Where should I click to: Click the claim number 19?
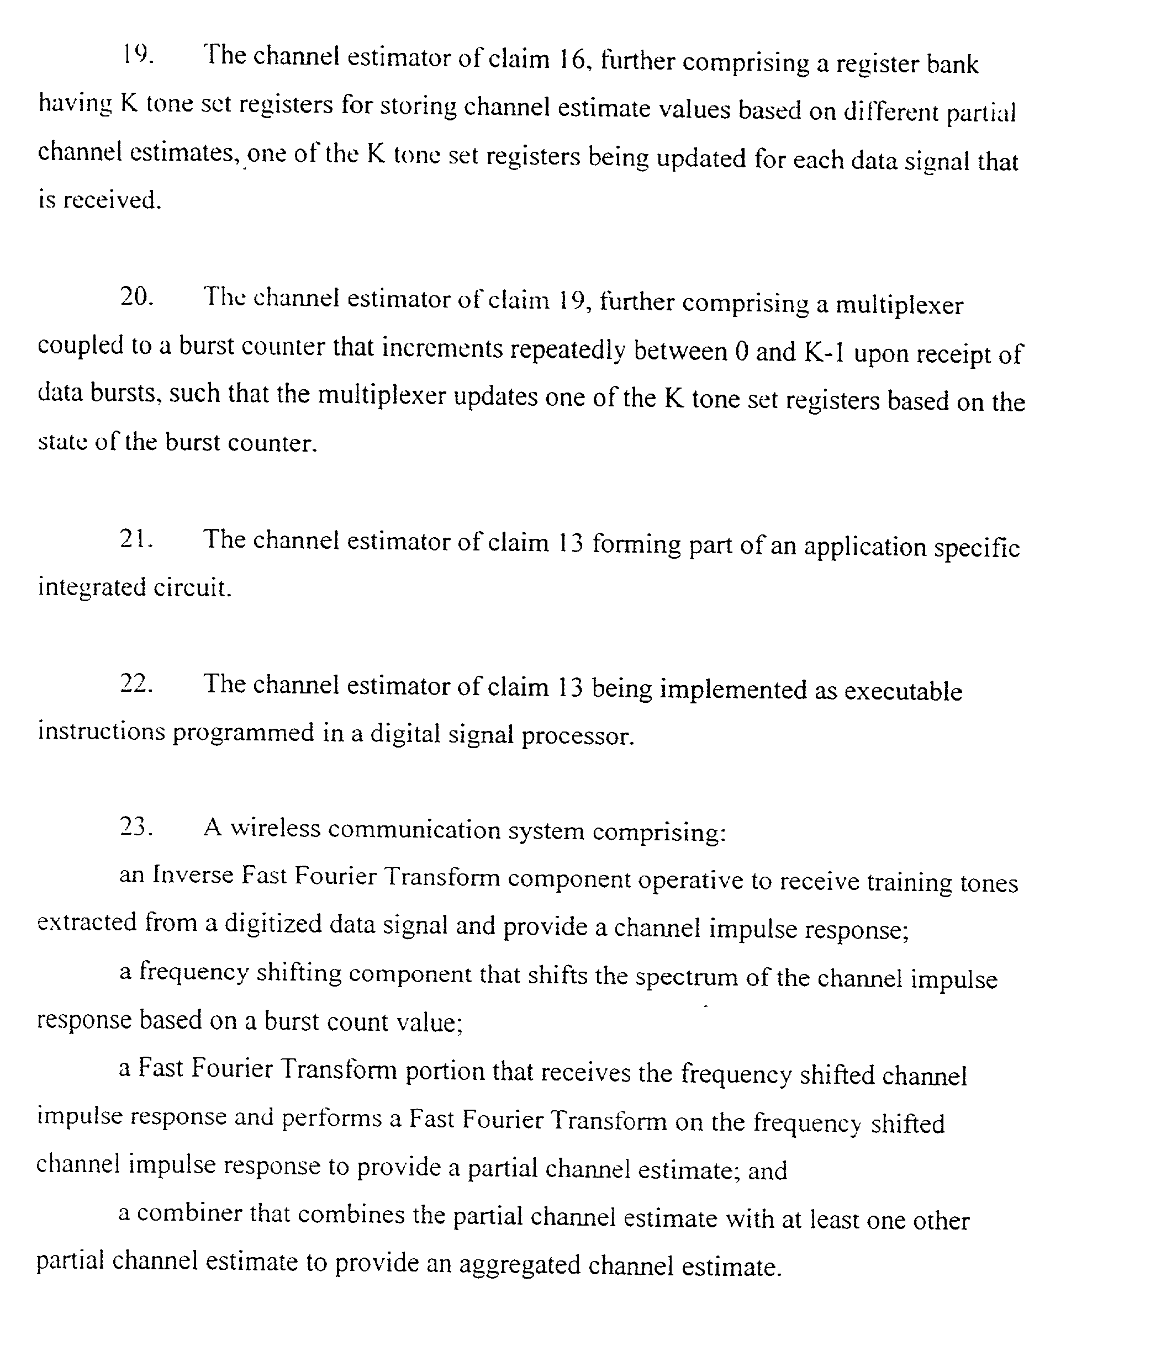136,55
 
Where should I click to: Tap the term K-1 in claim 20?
824,353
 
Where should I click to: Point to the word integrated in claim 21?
92,587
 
